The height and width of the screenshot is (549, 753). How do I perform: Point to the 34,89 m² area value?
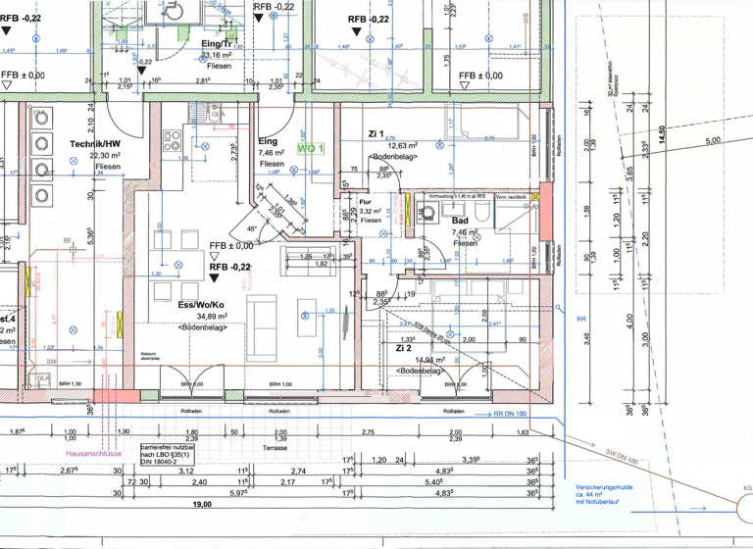[212, 317]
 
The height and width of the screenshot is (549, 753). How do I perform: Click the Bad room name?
[458, 223]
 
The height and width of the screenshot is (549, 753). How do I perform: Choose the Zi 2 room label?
[403, 348]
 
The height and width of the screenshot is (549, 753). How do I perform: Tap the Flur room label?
[368, 200]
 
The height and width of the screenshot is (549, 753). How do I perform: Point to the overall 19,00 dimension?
[202, 504]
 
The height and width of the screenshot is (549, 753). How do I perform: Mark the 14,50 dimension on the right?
[663, 129]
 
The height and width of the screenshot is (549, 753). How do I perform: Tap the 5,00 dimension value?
[713, 140]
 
